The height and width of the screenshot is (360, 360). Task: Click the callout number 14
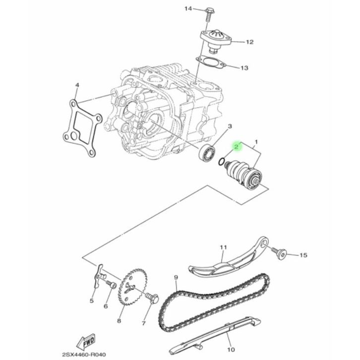[x=188, y=9]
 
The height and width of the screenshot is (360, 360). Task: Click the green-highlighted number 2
[x=237, y=146]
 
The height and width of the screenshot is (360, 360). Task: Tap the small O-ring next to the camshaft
[x=221, y=162]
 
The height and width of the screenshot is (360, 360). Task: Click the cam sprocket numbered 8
[x=133, y=287]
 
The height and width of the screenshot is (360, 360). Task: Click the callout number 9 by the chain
[x=176, y=278]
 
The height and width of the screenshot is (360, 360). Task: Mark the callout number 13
[x=244, y=68]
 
